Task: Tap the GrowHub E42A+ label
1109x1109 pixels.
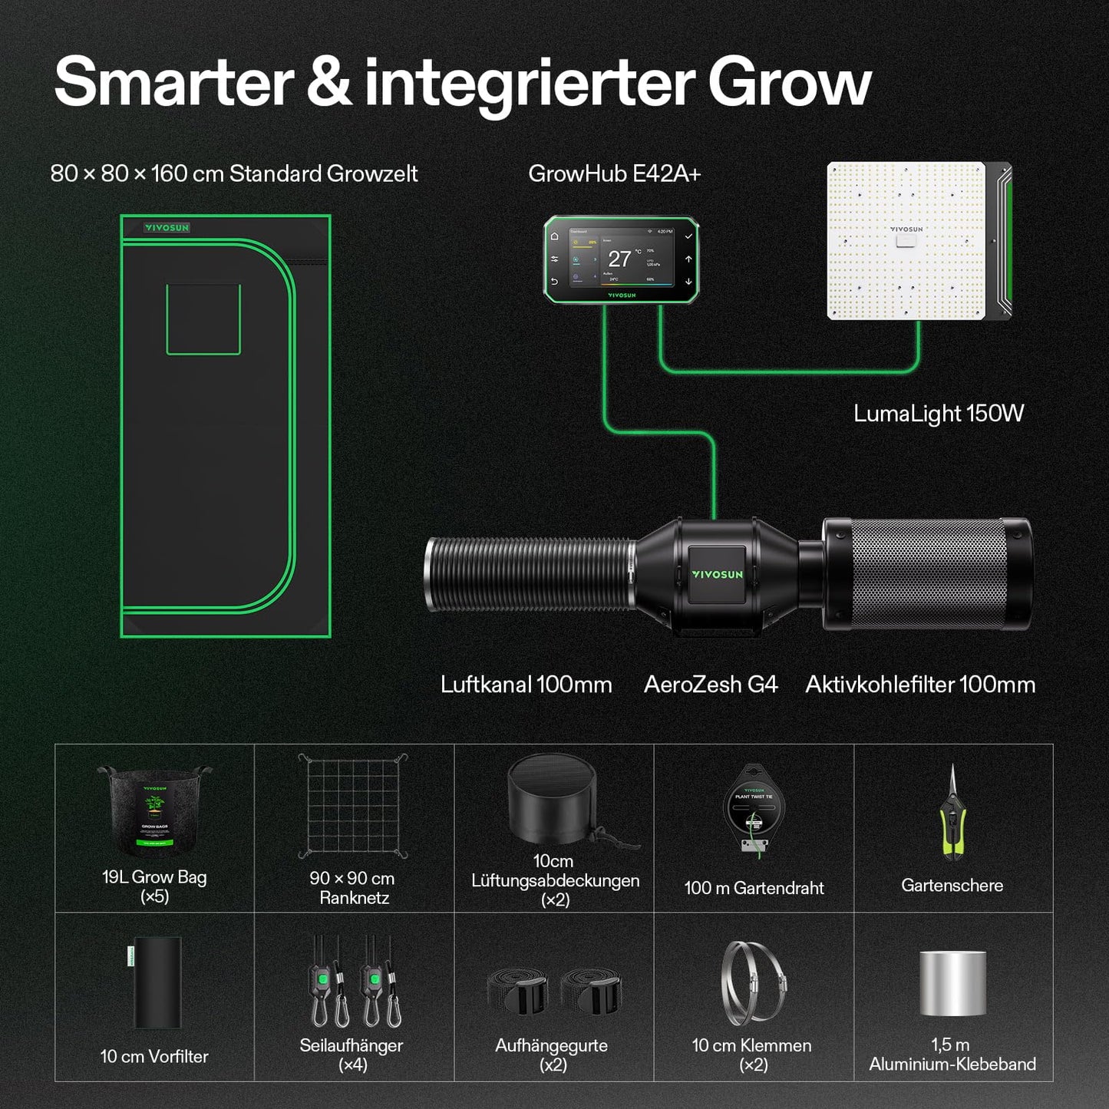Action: (x=614, y=174)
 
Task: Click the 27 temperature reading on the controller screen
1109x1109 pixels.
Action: (x=619, y=259)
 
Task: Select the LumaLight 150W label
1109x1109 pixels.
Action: (x=938, y=414)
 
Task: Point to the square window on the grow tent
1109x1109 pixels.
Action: (x=203, y=319)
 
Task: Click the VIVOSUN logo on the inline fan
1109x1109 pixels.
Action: (x=717, y=574)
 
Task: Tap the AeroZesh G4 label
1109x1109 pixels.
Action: (x=711, y=685)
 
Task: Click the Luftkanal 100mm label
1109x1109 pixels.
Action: (x=526, y=685)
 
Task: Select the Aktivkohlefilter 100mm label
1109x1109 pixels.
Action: (x=919, y=685)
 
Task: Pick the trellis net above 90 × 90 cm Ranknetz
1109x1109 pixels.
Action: (x=353, y=806)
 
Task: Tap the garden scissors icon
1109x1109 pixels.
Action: (x=952, y=814)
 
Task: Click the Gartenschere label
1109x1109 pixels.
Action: (x=952, y=886)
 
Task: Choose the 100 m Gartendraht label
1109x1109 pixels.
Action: (x=754, y=888)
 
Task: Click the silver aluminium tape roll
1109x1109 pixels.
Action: (x=952, y=983)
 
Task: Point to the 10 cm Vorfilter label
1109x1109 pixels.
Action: (x=154, y=1057)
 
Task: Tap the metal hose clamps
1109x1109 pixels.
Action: (x=753, y=983)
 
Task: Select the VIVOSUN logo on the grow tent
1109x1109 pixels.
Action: (x=167, y=228)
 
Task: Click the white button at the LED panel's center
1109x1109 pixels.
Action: (x=906, y=241)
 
